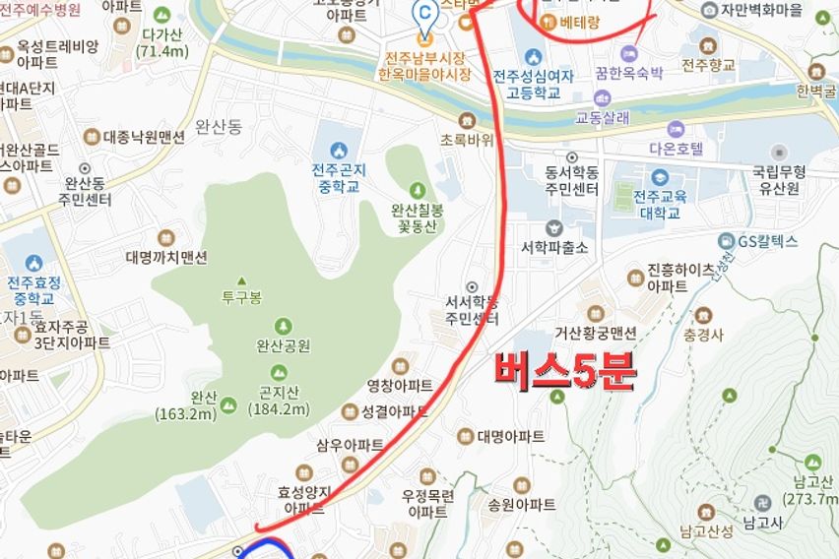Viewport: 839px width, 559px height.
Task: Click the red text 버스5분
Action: point(565,372)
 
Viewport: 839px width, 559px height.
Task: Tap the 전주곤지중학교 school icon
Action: point(340,150)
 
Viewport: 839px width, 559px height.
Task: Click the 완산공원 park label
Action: point(284,345)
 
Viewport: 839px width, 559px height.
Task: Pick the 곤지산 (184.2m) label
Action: point(279,403)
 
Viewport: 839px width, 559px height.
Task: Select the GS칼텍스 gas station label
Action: point(772,241)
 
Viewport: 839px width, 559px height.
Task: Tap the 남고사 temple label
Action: point(763,527)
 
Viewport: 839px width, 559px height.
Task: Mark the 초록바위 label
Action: point(467,140)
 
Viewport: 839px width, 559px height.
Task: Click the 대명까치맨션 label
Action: point(166,258)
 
